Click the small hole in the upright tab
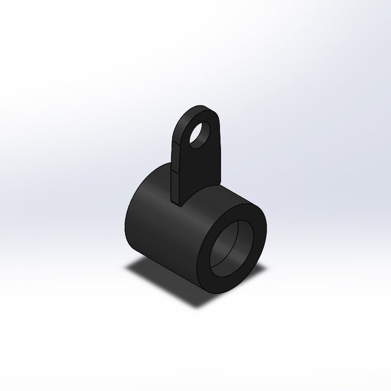point(201,132)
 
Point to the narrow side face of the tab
point(176,163)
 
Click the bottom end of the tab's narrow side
point(177,203)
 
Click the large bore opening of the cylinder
point(231,250)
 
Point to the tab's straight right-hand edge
point(219,157)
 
